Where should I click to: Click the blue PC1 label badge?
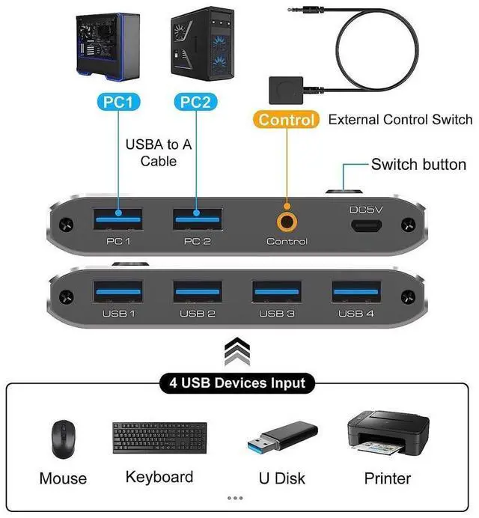click(x=118, y=102)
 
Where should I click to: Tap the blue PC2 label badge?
click(x=196, y=102)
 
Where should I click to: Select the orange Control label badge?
click(x=286, y=120)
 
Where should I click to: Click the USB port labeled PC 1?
click(x=118, y=219)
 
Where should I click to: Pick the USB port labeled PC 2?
click(x=198, y=219)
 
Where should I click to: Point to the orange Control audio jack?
click(x=287, y=221)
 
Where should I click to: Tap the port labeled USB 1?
click(x=118, y=289)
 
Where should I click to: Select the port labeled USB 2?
click(x=198, y=289)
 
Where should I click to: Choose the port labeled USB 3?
click(x=277, y=289)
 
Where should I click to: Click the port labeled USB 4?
click(x=356, y=289)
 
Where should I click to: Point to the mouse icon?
click(x=63, y=440)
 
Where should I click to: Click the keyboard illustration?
click(x=159, y=438)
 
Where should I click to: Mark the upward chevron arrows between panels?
click(x=237, y=348)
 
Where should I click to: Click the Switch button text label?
click(x=418, y=165)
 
